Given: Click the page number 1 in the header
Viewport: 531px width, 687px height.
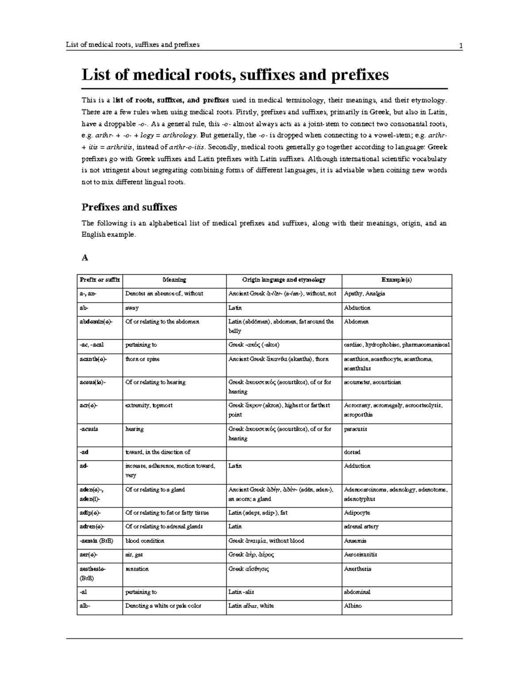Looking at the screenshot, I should tap(461, 45).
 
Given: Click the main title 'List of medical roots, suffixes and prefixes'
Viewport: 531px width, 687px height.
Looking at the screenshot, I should tap(235, 75).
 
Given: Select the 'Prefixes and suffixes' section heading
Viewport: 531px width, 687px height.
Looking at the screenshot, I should tap(129, 207).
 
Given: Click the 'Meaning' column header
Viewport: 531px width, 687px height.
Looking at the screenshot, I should tap(174, 280).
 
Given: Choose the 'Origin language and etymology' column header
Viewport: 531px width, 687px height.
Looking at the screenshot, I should tap(284, 280).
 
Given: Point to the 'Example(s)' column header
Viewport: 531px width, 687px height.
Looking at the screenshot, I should tap(396, 280).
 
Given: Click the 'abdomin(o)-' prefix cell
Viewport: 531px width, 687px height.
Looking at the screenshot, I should tap(96, 322).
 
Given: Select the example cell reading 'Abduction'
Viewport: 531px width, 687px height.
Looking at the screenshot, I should tap(357, 308).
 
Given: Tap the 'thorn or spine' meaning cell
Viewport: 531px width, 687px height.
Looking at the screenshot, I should tap(142, 359).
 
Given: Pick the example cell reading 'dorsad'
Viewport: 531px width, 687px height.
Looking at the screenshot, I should tap(352, 452).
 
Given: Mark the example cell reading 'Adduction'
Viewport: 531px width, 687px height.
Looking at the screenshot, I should tap(357, 466).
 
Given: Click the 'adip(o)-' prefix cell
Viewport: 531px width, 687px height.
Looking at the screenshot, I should tap(90, 513).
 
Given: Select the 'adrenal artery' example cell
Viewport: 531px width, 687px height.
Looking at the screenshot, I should tap(361, 526).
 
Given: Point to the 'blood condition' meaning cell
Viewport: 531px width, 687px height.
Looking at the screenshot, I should tap(145, 541).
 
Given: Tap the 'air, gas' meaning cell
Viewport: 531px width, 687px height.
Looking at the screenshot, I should tap(134, 554).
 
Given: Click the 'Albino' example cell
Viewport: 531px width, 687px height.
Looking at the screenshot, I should tap(353, 606).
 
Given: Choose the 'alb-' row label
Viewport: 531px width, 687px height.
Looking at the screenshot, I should tap(85, 606).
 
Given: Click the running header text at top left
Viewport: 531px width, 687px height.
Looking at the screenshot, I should tap(132, 45).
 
